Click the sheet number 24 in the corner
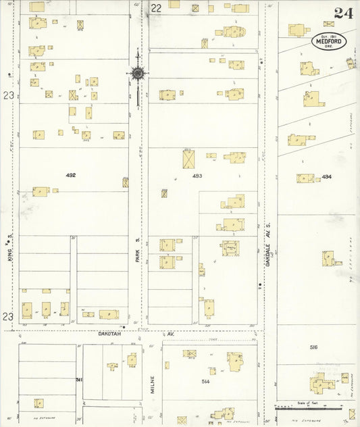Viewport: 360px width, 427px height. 342,13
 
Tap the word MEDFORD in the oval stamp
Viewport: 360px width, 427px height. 329,42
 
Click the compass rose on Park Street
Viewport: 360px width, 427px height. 138,73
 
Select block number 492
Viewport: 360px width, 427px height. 70,176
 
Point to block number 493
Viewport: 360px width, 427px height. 197,176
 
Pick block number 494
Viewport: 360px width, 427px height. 328,177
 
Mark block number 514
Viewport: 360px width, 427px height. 205,382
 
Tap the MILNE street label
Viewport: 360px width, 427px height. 153,384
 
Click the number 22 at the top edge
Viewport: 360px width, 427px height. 157,8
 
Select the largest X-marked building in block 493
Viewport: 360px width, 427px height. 189,159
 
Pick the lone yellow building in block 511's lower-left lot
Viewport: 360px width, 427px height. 39,403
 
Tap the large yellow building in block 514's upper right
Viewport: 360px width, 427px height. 235,361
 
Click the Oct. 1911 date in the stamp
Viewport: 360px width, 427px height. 329,35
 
